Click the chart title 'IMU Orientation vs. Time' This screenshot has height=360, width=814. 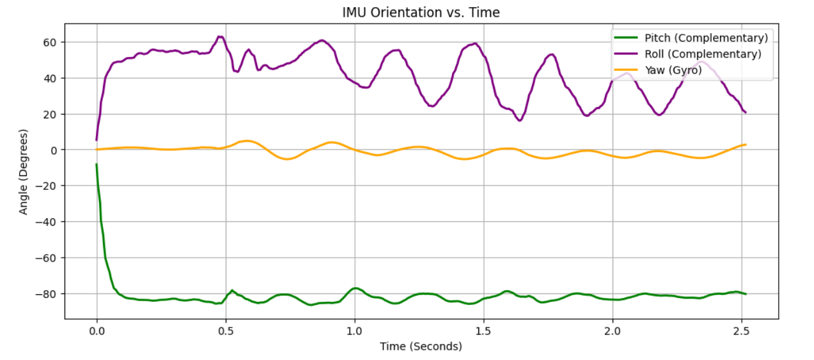point(421,12)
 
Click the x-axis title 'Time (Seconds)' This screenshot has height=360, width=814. point(421,347)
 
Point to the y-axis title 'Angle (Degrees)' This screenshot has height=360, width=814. point(24,171)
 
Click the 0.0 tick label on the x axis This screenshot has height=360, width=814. point(97,331)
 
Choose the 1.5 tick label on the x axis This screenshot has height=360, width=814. point(483,331)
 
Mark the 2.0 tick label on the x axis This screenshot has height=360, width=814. point(612,331)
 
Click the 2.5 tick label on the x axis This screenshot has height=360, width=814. point(741,331)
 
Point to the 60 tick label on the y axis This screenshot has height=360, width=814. point(50,42)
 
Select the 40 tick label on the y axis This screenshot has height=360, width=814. point(50,78)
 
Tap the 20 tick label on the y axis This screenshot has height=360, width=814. point(50,114)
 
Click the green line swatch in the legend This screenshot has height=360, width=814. point(625,38)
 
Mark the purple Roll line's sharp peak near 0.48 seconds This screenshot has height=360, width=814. point(220,36)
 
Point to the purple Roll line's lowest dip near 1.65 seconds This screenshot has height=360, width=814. point(520,120)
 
